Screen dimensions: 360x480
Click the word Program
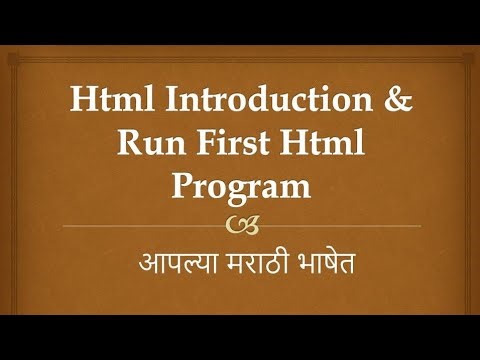click(x=241, y=188)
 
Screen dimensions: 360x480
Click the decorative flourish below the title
click(x=240, y=221)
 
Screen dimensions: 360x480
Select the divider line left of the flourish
click(x=140, y=226)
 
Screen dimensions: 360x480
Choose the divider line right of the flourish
click(x=340, y=226)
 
